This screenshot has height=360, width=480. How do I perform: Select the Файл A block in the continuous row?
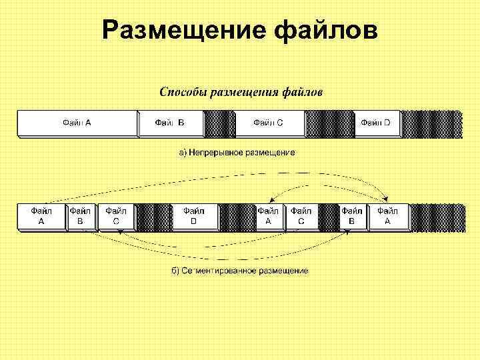coord(77,123)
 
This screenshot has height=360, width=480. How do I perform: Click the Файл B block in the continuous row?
coord(170,123)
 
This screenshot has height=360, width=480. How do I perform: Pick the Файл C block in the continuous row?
coord(269,123)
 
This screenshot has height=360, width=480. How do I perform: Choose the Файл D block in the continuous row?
coord(376,123)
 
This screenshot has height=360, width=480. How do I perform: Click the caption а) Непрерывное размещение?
coord(236,153)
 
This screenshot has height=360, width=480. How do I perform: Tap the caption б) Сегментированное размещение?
coord(239,271)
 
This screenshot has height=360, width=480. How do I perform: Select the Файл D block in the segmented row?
coord(195,216)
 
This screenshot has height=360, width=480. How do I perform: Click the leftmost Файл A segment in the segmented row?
coord(41,216)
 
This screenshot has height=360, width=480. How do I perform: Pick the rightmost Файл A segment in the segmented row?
coord(388,216)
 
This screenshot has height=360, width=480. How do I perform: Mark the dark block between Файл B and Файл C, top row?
coord(219,123)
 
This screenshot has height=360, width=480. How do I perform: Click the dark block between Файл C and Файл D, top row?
coord(329,123)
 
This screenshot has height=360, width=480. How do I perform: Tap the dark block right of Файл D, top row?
coord(431,123)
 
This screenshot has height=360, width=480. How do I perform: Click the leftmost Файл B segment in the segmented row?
coord(80,216)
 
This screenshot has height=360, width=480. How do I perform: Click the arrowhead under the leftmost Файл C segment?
coord(119,231)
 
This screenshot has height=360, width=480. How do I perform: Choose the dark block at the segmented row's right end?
coord(435,216)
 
